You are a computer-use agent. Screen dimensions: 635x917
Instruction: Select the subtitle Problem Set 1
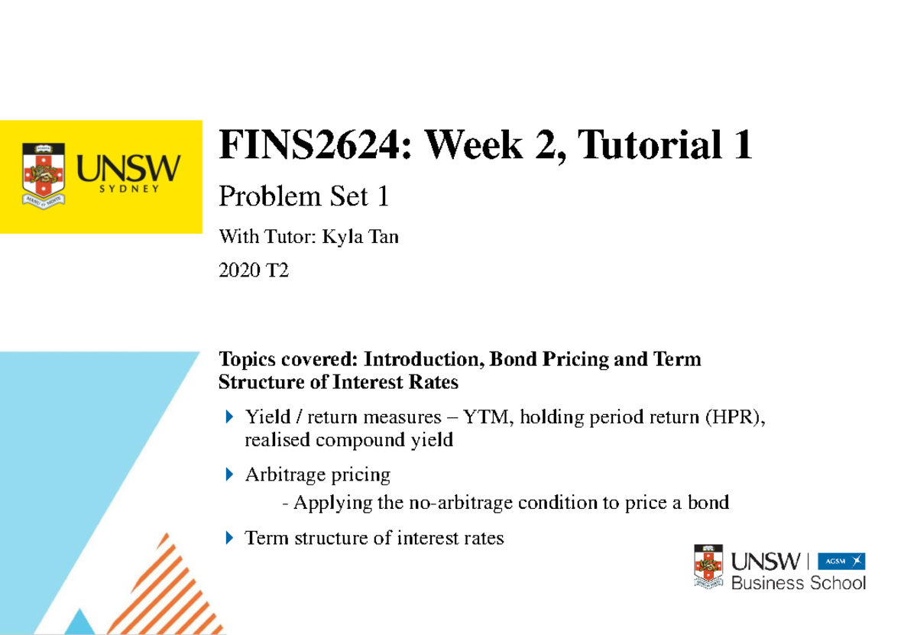click(x=304, y=197)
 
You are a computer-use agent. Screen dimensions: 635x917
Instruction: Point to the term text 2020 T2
click(x=254, y=271)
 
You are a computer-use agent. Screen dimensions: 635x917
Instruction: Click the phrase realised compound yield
click(x=348, y=440)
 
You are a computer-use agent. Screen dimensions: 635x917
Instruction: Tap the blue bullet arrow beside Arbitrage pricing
click(x=229, y=475)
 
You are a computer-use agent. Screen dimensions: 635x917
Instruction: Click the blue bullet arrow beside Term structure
click(x=229, y=538)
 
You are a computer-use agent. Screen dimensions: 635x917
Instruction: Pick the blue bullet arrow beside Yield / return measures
click(x=229, y=417)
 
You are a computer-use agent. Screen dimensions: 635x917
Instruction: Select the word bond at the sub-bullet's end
click(x=708, y=503)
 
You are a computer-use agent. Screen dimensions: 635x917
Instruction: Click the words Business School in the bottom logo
click(x=799, y=584)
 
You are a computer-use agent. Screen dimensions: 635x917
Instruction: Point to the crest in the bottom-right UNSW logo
click(x=708, y=566)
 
